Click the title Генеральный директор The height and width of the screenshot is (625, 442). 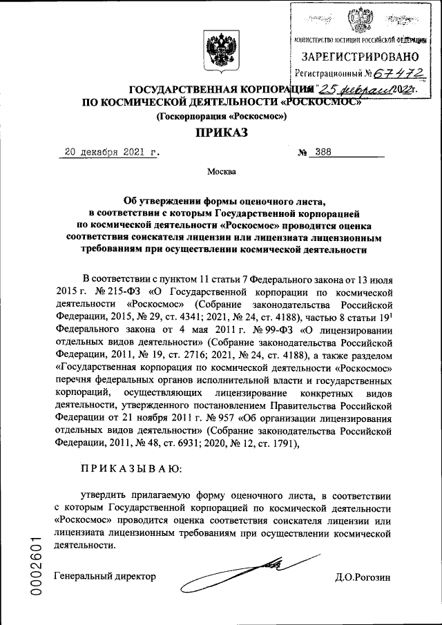106,576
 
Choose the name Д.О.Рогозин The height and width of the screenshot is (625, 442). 363,576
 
